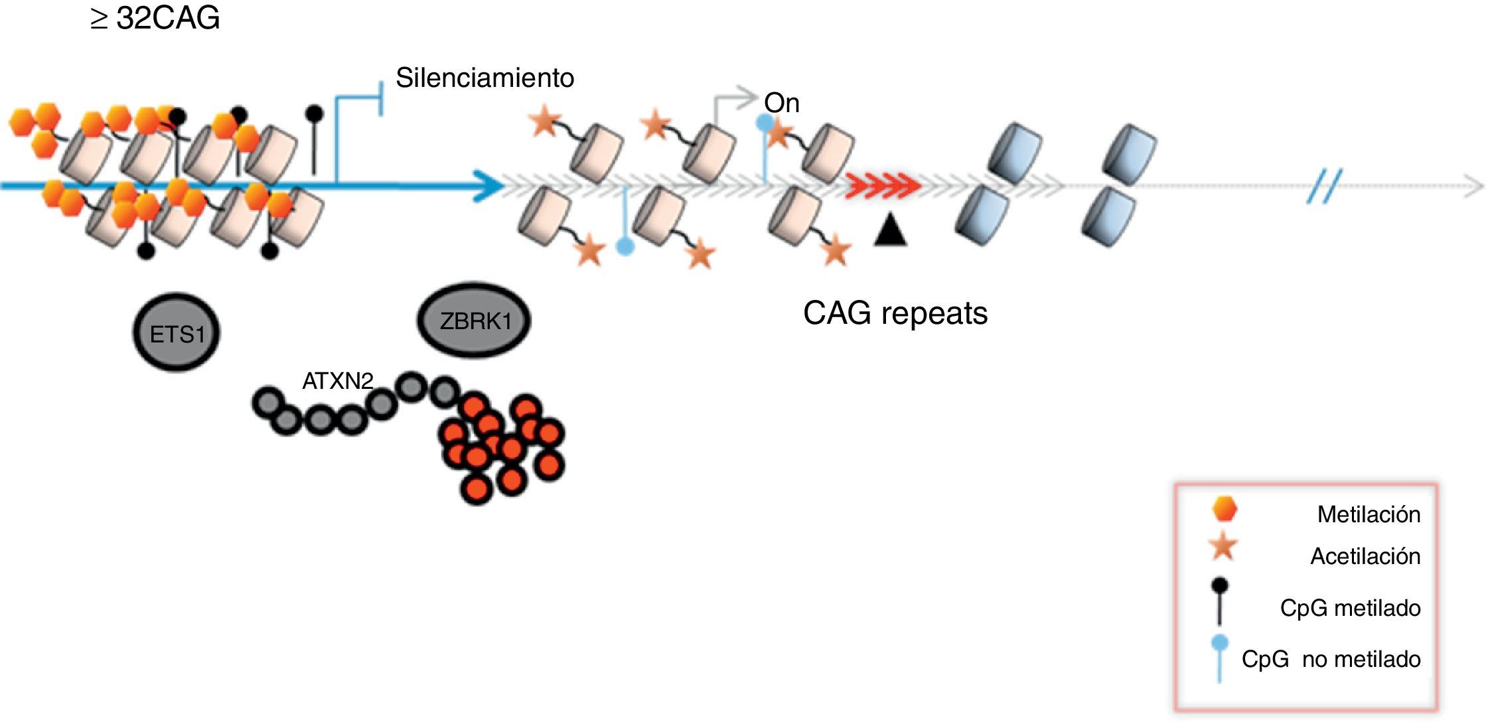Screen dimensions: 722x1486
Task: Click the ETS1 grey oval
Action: click(x=177, y=332)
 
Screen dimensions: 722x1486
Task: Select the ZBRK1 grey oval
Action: click(x=475, y=321)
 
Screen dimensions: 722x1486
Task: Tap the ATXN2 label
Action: click(x=337, y=381)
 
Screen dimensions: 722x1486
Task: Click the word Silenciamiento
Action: click(x=484, y=78)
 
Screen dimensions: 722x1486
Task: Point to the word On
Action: click(x=782, y=103)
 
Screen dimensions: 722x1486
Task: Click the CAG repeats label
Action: click(x=895, y=313)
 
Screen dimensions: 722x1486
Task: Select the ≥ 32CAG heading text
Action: click(x=155, y=18)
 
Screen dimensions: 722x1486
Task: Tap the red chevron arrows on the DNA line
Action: click(x=883, y=185)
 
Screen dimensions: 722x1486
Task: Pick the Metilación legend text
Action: click(x=1369, y=514)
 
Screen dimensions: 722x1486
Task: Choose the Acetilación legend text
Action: click(x=1365, y=556)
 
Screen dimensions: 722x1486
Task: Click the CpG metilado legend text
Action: click(x=1350, y=608)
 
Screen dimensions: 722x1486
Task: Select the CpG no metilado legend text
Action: click(x=1331, y=659)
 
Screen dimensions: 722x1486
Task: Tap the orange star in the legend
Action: click(x=1223, y=547)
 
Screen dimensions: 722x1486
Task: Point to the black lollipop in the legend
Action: click(x=1220, y=601)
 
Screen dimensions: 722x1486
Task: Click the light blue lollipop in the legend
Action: click(x=1220, y=657)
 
